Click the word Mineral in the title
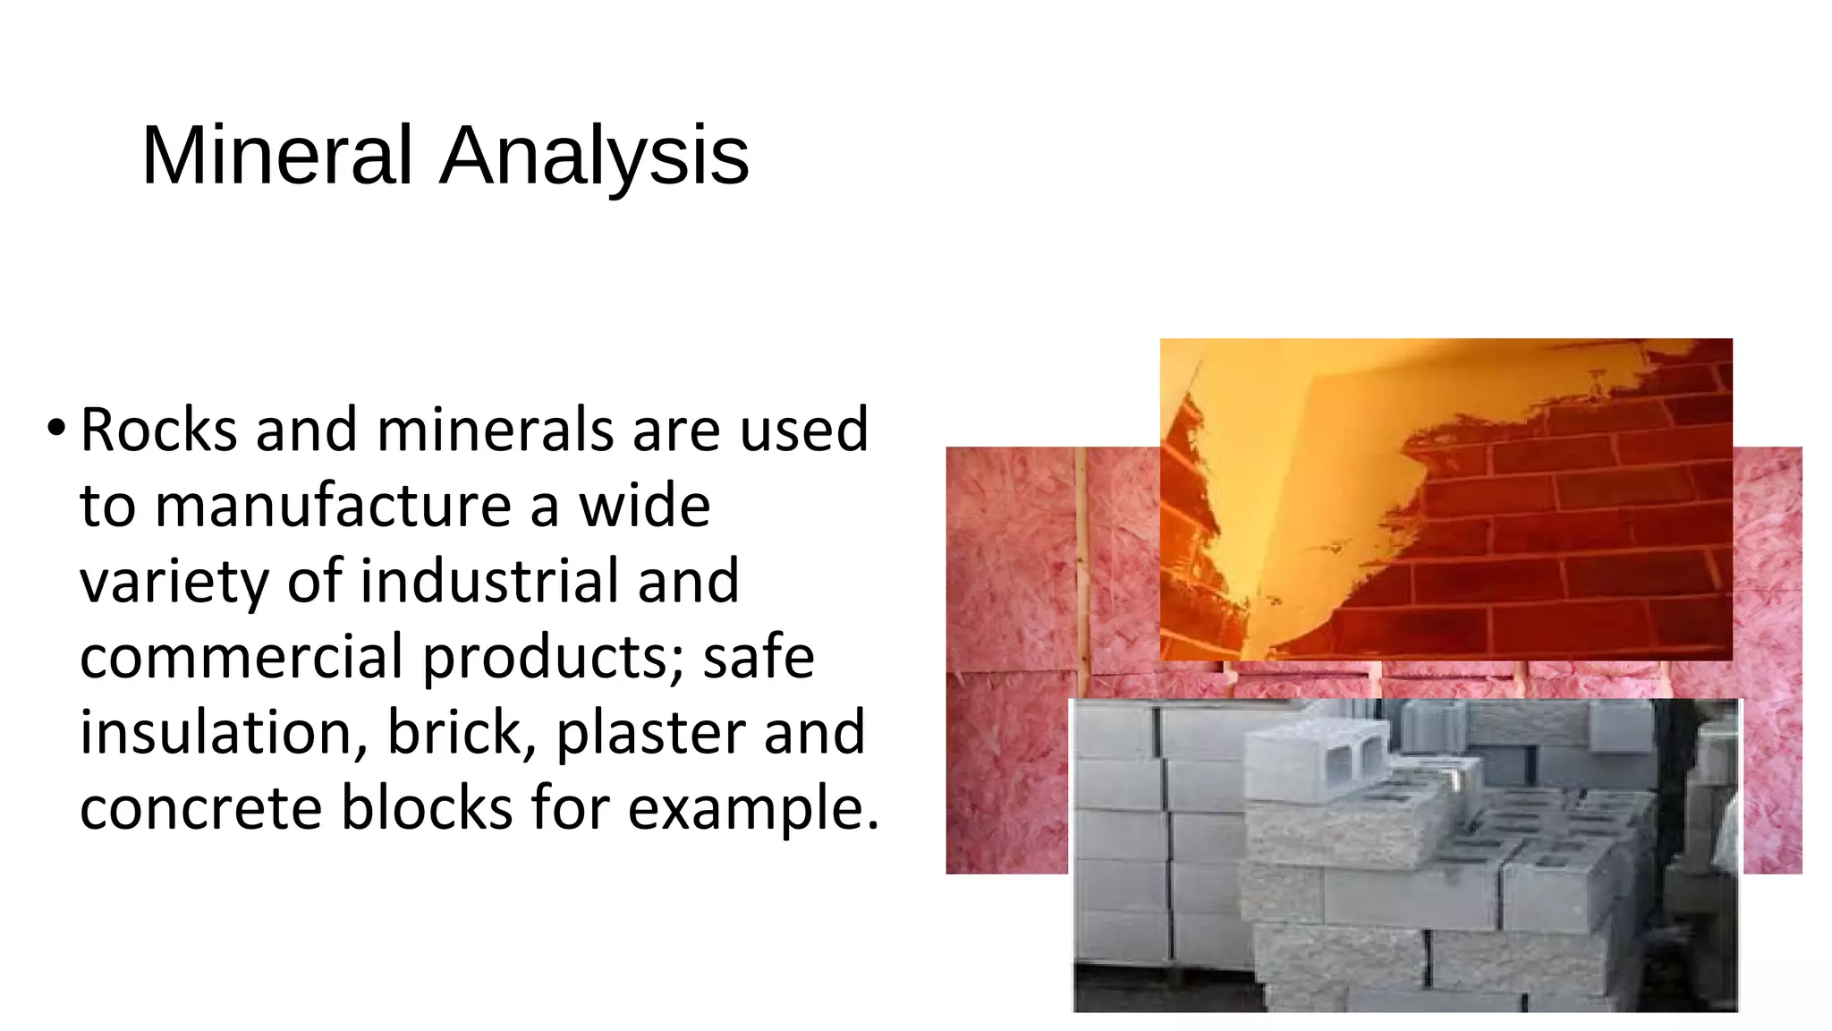pyautogui.click(x=277, y=156)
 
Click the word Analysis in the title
pyautogui.click(x=594, y=156)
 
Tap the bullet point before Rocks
pyautogui.click(x=56, y=428)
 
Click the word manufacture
pyautogui.click(x=332, y=506)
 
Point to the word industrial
pyautogui.click(x=489, y=581)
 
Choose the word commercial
pyautogui.click(x=242, y=656)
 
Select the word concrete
pyautogui.click(x=200, y=808)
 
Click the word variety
pyautogui.click(x=174, y=583)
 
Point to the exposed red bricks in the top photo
pyautogui.click(x=1565, y=537)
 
